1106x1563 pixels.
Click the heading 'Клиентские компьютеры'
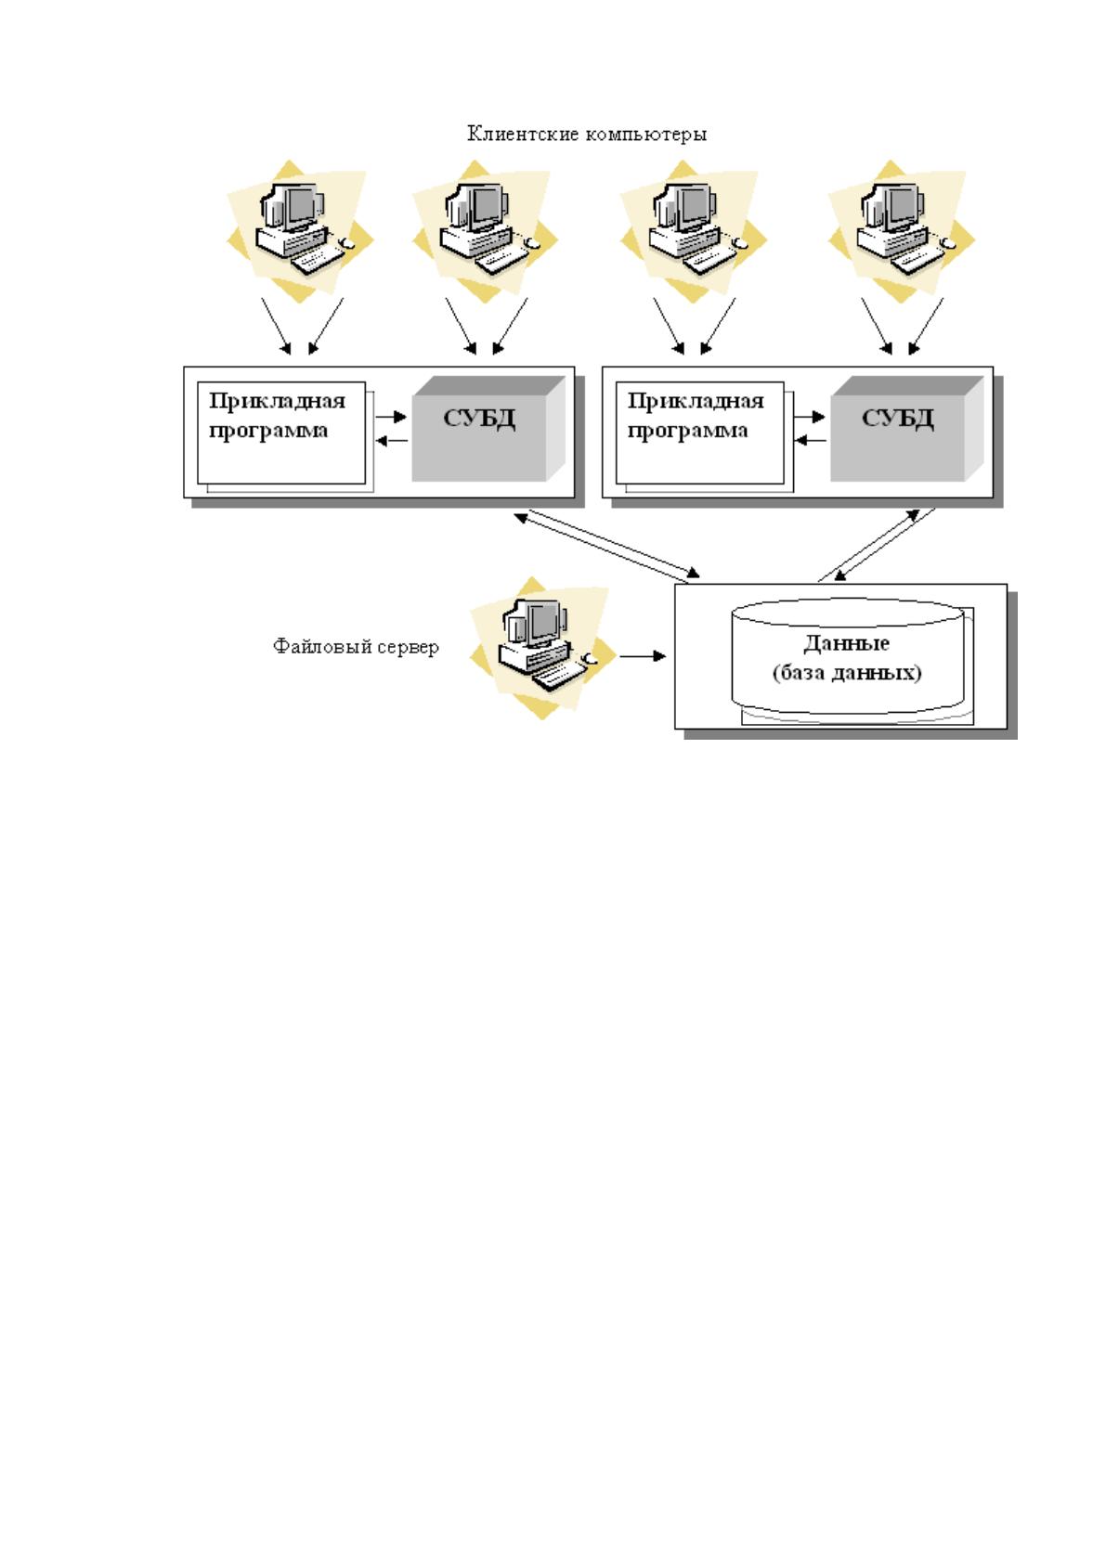[x=587, y=134]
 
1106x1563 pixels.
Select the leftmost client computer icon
[x=299, y=232]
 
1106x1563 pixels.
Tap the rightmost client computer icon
[x=901, y=232]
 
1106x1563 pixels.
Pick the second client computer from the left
[x=485, y=232]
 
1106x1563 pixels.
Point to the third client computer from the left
[x=693, y=232]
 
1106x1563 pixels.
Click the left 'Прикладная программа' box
[x=281, y=433]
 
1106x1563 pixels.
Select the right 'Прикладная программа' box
[x=699, y=433]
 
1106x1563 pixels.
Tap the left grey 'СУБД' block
[x=488, y=429]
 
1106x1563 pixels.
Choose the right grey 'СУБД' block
[x=906, y=429]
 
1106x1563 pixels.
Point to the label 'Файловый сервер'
[x=356, y=646]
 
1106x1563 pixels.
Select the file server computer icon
[x=541, y=648]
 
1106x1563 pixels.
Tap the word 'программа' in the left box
[x=268, y=432]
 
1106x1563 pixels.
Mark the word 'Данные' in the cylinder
[x=846, y=642]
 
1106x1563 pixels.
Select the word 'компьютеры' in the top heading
[x=646, y=135]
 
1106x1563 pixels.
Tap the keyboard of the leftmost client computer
[x=318, y=261]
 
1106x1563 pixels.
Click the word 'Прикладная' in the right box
[x=696, y=401]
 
